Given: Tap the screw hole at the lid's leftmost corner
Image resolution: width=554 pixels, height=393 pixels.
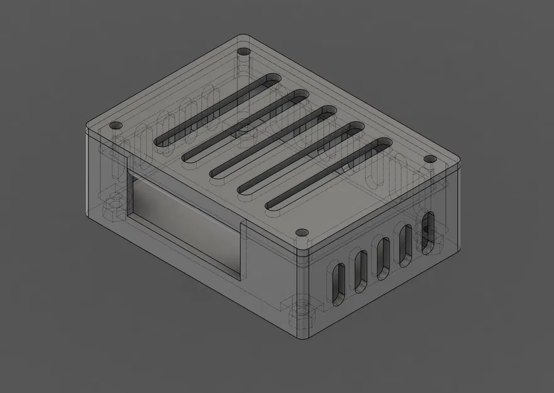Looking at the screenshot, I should pyautogui.click(x=115, y=126).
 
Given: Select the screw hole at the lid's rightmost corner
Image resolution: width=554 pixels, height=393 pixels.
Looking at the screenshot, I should pyautogui.click(x=429, y=159).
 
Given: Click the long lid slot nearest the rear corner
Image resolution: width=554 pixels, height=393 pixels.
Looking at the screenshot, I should pyautogui.click(x=217, y=111).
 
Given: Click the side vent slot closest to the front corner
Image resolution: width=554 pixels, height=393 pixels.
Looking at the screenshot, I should pyautogui.click(x=338, y=284).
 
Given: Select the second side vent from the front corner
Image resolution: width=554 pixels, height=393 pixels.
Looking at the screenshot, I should pyautogui.click(x=360, y=271).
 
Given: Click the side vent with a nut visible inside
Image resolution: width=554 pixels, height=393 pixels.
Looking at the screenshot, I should pyautogui.click(x=428, y=231).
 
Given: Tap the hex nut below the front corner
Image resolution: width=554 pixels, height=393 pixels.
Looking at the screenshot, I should pyautogui.click(x=304, y=311).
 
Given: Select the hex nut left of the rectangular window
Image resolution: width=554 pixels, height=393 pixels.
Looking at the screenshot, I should pyautogui.click(x=113, y=208).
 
